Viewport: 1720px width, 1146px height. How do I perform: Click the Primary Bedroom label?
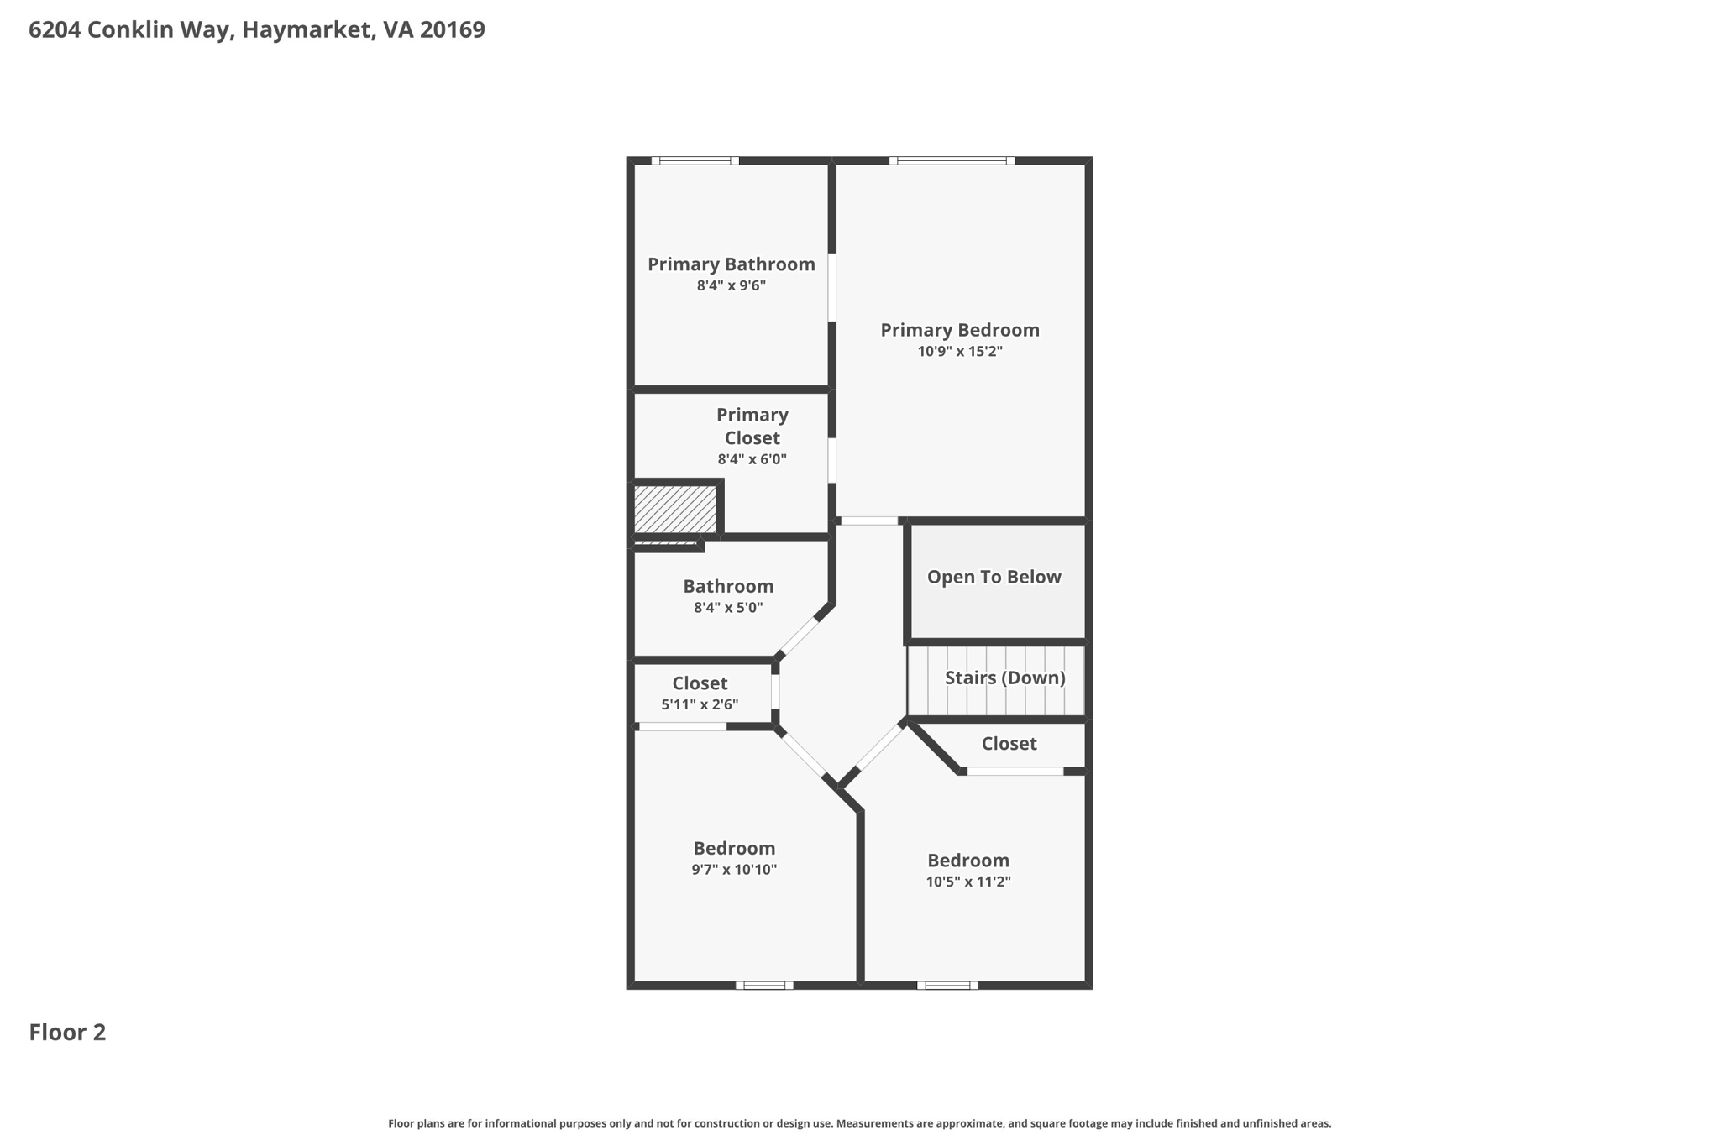[959, 330]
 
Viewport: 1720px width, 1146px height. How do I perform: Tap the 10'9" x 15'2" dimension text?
[959, 352]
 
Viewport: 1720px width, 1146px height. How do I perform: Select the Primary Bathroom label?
[731, 264]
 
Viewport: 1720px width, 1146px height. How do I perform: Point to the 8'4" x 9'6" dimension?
[731, 286]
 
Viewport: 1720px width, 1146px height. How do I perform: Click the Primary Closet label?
[752, 426]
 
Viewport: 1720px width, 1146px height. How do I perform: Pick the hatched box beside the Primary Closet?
[675, 509]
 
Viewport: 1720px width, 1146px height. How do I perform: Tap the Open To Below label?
[994, 577]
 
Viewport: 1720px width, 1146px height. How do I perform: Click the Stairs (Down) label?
[1004, 678]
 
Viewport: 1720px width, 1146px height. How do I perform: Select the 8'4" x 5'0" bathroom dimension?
[728, 608]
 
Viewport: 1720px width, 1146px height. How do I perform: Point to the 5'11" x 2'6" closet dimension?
[700, 705]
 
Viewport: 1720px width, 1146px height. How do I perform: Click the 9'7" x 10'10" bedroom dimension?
[734, 870]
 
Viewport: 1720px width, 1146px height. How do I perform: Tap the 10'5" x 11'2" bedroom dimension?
[967, 882]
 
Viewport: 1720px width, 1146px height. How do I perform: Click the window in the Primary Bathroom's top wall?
[695, 160]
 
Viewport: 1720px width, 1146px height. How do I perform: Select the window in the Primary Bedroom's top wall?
[952, 160]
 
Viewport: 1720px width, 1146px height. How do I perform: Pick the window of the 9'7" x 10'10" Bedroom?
[764, 986]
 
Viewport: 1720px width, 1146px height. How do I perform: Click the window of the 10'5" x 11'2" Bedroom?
[947, 986]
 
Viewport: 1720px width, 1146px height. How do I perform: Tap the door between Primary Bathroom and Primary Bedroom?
[832, 287]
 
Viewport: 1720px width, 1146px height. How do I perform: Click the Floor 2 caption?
[67, 1033]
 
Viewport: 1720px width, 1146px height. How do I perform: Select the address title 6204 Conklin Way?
[256, 30]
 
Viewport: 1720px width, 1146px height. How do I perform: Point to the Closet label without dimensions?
[1009, 744]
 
